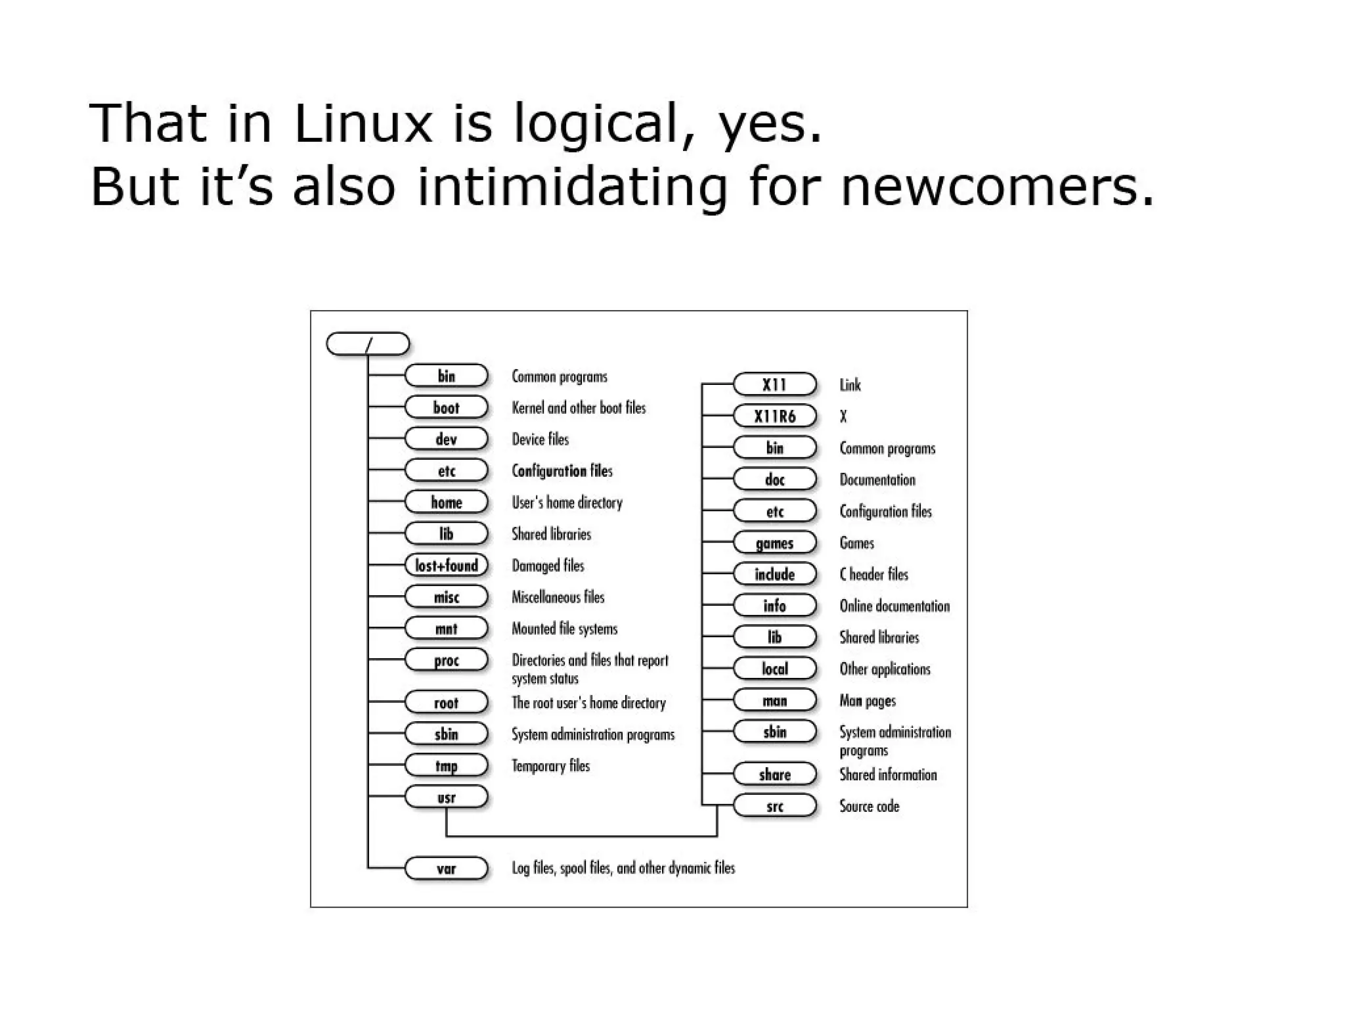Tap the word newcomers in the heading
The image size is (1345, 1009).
point(996,186)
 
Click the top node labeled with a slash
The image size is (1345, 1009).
point(368,344)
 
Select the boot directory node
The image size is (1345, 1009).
point(446,407)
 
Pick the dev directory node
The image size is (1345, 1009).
point(446,439)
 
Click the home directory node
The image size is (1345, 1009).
point(446,503)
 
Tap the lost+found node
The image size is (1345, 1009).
point(446,566)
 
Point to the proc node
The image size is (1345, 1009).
point(446,660)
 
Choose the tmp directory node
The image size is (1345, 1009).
point(446,765)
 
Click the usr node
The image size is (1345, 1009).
point(446,797)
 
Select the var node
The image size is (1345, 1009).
point(446,868)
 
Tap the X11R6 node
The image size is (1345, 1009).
point(774,416)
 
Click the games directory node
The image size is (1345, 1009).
point(774,543)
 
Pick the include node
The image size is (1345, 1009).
point(774,575)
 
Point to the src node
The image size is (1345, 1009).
point(774,806)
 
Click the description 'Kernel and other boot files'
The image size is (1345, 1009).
point(579,408)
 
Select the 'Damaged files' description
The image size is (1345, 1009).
point(548,566)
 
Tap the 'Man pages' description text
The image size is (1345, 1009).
point(868,701)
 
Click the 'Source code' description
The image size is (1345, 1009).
point(869,806)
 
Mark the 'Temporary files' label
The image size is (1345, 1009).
point(550,766)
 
